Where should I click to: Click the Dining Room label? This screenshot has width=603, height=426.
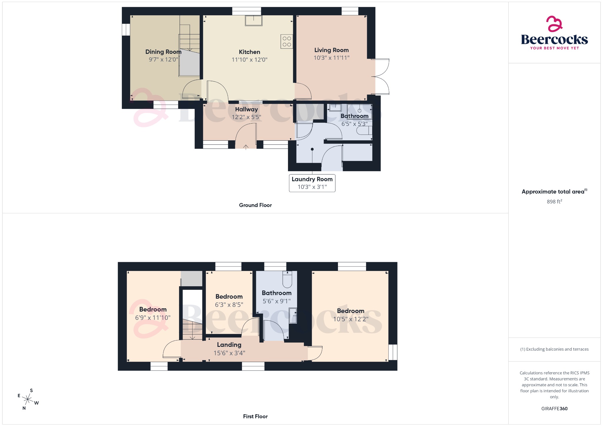tap(163, 52)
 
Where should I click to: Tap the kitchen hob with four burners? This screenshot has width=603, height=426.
tap(287, 41)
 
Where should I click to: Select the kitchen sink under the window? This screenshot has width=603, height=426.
tap(254, 21)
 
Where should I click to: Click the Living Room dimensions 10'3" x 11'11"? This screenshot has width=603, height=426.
tap(331, 58)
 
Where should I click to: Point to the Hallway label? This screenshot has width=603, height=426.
tap(246, 109)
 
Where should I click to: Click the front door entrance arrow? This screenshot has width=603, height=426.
tap(246, 147)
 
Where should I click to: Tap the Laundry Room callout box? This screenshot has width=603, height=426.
tap(312, 183)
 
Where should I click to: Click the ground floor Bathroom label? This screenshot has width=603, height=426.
tap(354, 116)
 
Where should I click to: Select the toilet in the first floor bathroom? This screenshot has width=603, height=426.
tap(287, 279)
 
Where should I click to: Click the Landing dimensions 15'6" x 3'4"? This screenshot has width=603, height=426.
tap(229, 353)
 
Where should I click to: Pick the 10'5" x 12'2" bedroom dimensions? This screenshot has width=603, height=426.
tap(351, 319)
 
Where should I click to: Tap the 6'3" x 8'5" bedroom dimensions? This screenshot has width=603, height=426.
tap(229, 305)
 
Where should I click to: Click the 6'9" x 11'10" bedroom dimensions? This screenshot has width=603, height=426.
tap(153, 318)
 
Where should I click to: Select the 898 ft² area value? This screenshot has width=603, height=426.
tap(554, 202)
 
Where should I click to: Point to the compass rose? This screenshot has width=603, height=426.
tap(28, 400)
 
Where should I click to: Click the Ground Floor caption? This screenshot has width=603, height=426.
tap(255, 205)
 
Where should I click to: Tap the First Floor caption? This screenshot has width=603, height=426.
tap(255, 417)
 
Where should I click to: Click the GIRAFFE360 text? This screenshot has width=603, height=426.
tap(554, 409)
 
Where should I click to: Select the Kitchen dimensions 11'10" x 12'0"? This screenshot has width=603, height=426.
tap(249, 60)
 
